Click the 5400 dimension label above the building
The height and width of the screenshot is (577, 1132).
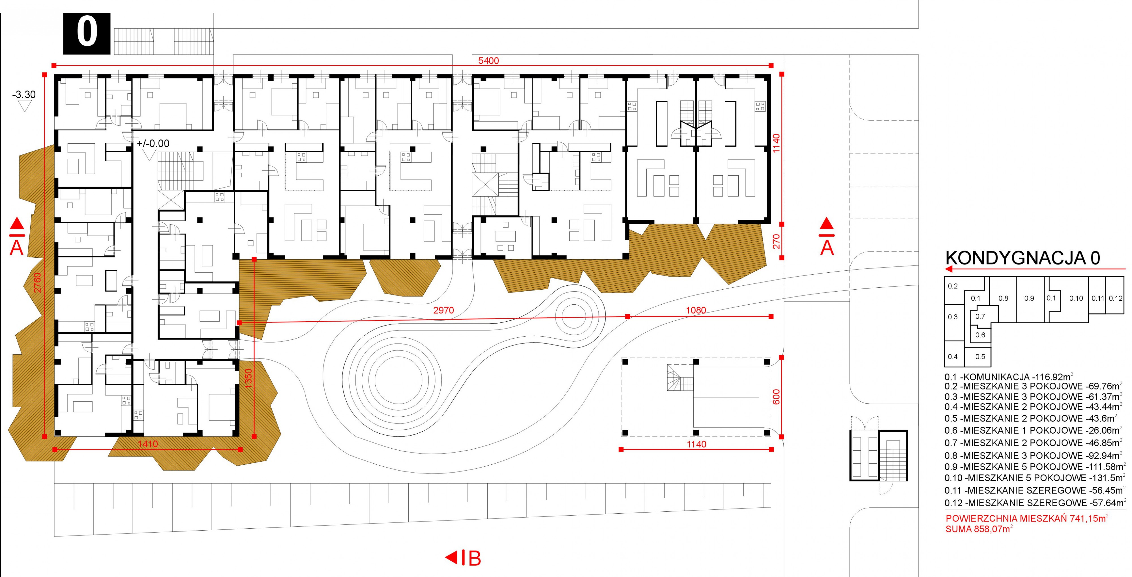click(488, 61)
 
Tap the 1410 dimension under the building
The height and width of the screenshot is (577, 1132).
click(148, 444)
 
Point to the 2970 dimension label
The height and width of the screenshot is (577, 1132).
click(443, 311)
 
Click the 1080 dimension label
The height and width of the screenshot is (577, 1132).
click(696, 311)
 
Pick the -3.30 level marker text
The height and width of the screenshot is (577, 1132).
click(24, 94)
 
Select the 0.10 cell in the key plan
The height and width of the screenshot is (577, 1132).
click(1076, 298)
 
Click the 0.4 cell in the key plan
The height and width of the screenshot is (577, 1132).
click(953, 357)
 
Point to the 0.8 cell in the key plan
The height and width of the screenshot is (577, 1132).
click(1003, 298)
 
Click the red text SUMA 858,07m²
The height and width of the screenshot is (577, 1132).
click(979, 529)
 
